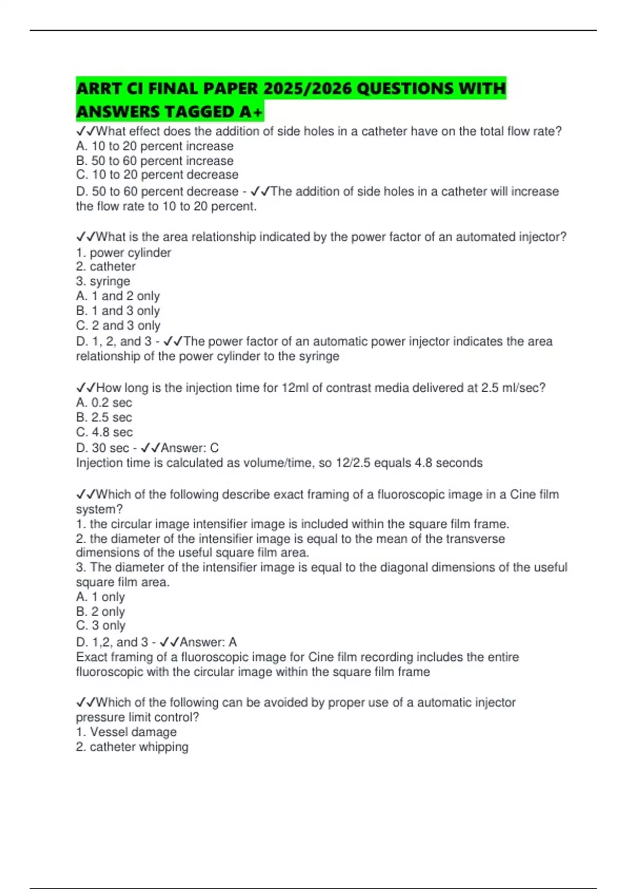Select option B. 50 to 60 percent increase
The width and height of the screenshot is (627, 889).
[x=155, y=161]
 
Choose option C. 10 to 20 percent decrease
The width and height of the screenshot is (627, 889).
[x=157, y=175]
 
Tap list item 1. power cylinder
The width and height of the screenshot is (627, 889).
[x=123, y=253]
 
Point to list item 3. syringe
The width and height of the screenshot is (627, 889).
[x=103, y=281]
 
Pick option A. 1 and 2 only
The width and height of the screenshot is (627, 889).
[x=118, y=296]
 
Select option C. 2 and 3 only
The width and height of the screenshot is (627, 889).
[x=118, y=325]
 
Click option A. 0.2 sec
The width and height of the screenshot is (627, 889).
[x=104, y=403]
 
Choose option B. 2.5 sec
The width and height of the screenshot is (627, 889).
[x=104, y=417]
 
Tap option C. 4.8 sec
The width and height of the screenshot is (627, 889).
[x=104, y=432]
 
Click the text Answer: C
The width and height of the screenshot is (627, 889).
[x=190, y=448]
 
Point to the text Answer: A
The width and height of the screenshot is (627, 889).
[x=208, y=642]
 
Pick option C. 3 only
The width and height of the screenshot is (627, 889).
[x=101, y=625]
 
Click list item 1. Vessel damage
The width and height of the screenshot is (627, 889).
[x=126, y=732]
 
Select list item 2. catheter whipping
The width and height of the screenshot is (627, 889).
[x=132, y=747]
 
